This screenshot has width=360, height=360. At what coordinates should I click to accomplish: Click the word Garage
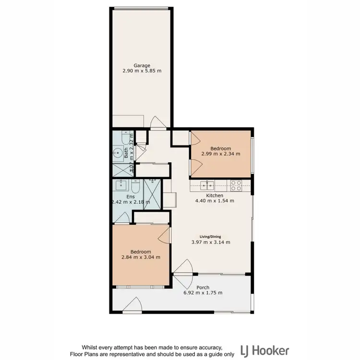142,65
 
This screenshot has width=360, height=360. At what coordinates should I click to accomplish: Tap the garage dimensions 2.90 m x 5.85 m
142,71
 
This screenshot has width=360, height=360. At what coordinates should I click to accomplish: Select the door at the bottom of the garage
157,123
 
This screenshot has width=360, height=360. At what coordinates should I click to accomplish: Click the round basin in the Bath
118,154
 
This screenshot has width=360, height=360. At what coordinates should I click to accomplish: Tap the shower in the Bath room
121,168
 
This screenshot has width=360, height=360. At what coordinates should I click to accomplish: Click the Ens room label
130,197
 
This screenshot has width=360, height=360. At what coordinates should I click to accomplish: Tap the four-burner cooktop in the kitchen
236,183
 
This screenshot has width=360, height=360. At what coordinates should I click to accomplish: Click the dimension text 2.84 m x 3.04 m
141,257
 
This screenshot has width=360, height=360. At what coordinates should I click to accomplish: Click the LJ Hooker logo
264,349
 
